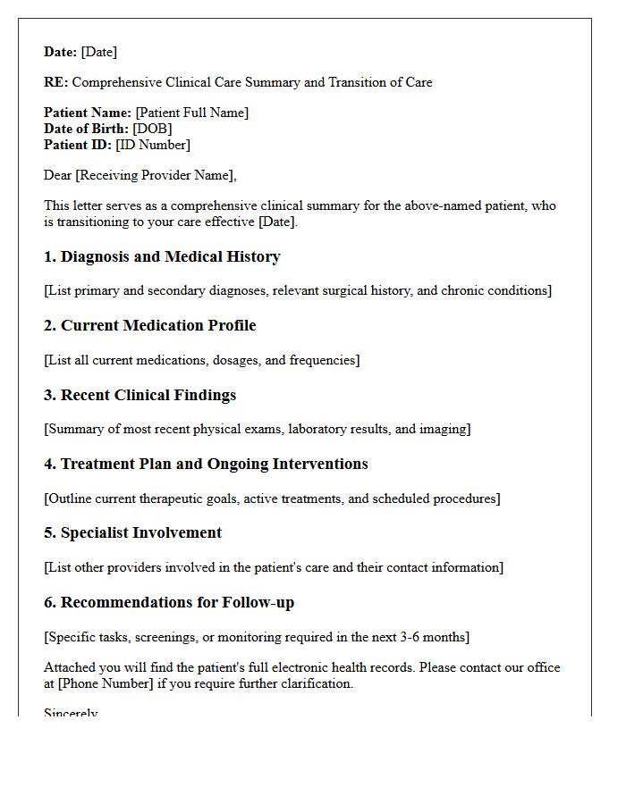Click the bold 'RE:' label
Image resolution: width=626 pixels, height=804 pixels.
(55, 82)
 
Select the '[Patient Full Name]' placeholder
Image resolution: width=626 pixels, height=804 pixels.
(191, 113)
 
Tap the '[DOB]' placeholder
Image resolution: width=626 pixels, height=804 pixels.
(152, 129)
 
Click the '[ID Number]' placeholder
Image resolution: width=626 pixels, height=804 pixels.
(153, 145)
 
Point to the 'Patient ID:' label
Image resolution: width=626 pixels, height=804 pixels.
(78, 145)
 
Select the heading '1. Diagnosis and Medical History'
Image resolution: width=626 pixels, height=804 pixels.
(162, 257)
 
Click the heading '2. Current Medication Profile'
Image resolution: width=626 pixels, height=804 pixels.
(150, 326)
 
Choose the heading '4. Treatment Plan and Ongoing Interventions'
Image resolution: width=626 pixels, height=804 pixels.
(206, 464)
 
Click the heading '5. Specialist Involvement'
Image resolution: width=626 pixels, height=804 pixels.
(132, 532)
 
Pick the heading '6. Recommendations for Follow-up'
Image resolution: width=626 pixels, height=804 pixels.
(169, 602)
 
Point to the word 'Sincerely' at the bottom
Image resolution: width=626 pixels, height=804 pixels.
(71, 713)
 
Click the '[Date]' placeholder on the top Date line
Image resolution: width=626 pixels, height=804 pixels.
(99, 52)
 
